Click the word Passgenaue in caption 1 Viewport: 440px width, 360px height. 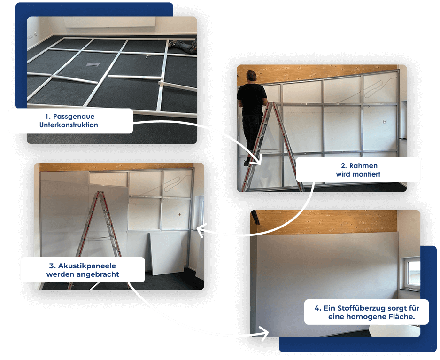[x=74, y=117]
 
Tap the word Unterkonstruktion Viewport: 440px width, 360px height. [x=69, y=125]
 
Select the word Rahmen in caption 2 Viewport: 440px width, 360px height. [x=363, y=166]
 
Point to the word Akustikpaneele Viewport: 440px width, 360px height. [x=87, y=266]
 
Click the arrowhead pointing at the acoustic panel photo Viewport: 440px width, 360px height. [x=201, y=230]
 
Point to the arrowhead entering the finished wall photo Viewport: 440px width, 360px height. [x=265, y=333]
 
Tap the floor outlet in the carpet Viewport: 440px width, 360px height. [x=93, y=64]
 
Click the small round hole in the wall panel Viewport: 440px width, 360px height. [x=179, y=214]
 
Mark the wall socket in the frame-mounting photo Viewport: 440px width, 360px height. [x=384, y=122]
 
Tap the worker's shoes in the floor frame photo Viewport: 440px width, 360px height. [x=174, y=44]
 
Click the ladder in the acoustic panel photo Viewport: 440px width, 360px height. [x=97, y=239]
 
